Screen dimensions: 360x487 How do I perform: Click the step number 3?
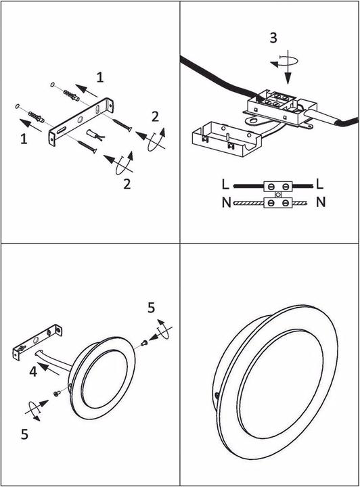273,38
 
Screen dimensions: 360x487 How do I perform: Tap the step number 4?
33,371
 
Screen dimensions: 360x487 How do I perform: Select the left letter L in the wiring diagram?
225,185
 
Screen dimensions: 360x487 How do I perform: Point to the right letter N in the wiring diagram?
321,202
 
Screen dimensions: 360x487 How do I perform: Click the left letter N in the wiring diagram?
227,202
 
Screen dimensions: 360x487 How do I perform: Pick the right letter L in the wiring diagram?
320,184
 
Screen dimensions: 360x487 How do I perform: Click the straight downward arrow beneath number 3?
288,67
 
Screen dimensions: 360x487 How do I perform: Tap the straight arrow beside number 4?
48,369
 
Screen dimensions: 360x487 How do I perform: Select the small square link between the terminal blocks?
278,195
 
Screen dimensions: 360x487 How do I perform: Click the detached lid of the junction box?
227,138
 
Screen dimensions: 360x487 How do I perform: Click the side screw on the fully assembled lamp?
217,396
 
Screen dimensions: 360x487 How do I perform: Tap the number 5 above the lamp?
152,308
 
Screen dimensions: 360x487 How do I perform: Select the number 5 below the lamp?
24,434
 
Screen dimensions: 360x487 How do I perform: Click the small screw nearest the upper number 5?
143,343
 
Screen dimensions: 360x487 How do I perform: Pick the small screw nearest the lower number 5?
57,394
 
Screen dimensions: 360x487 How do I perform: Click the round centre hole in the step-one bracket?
81,119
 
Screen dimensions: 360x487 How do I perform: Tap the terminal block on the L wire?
278,187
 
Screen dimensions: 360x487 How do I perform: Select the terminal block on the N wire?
278,203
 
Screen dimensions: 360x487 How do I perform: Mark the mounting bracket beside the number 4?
37,342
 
